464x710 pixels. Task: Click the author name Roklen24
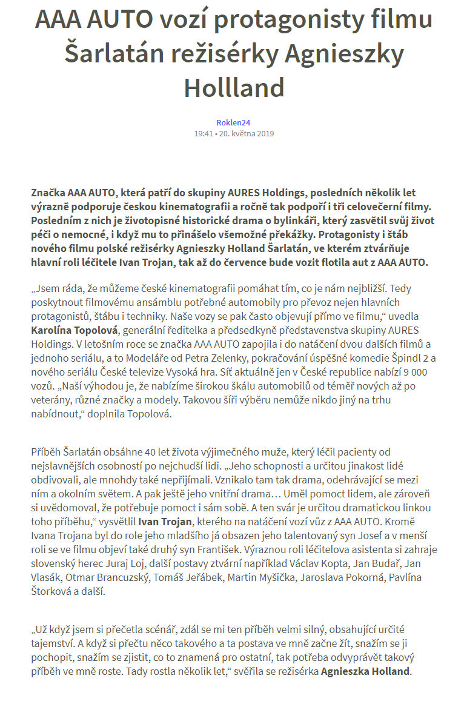click(x=233, y=122)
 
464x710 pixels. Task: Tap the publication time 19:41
click(x=204, y=133)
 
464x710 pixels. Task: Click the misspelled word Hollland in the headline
click(x=234, y=87)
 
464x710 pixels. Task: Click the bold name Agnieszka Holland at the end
click(x=366, y=671)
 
